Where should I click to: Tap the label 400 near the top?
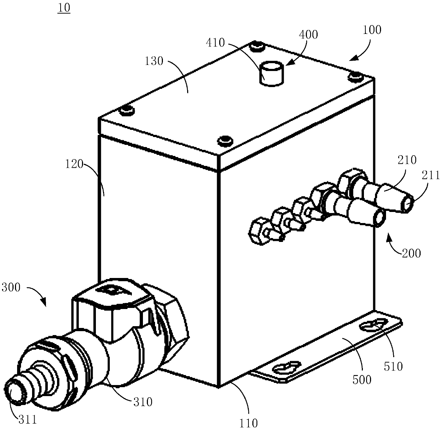[x=308, y=35]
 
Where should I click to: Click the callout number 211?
[x=431, y=175]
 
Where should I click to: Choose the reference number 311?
[x=27, y=419]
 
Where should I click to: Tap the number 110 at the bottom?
[x=248, y=423]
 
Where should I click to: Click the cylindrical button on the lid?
[x=270, y=74]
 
